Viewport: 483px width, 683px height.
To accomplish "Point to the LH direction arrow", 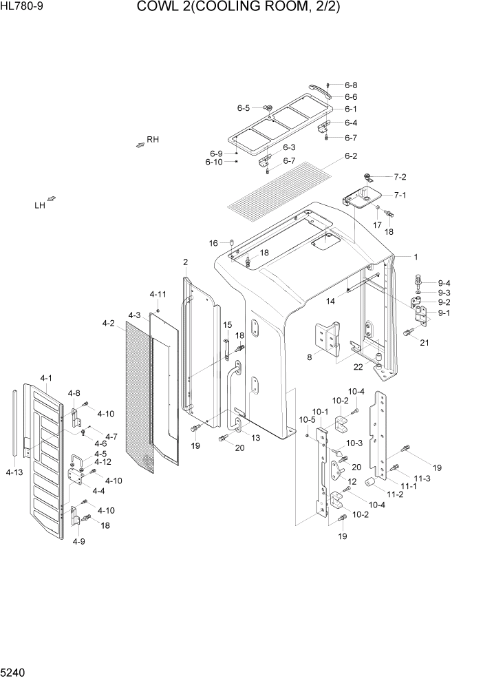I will click(x=52, y=200).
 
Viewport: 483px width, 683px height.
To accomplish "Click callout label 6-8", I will click(x=351, y=85).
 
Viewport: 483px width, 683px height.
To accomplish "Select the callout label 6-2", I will click(x=351, y=156).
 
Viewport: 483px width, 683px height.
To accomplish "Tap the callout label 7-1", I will click(x=400, y=195).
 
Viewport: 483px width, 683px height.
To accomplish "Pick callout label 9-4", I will click(x=444, y=283).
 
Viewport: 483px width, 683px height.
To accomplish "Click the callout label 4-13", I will click(x=14, y=472).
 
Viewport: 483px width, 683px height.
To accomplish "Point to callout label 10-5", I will click(x=307, y=419).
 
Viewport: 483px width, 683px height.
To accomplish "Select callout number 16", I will click(x=213, y=243).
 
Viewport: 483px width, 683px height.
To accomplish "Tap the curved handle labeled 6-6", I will click(x=319, y=91).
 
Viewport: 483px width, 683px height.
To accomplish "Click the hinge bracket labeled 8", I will click(x=328, y=339).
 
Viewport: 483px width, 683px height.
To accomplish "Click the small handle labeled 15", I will click(x=224, y=348).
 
